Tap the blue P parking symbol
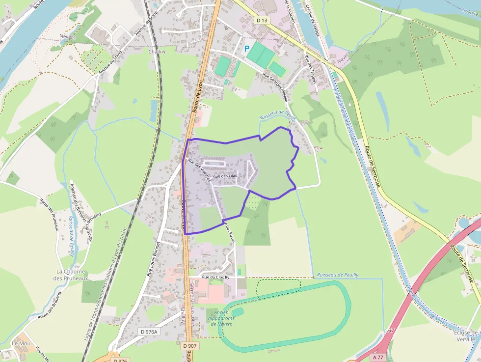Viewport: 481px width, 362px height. tap(247, 49)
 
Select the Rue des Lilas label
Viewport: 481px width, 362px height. tap(225, 176)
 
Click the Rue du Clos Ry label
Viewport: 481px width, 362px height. tap(216, 278)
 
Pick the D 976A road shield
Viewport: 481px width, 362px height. tap(149, 332)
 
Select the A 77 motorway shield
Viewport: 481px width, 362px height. tap(377, 357)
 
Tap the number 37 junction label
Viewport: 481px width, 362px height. tap(391, 331)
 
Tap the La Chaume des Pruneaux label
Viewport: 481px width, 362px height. tap(71, 275)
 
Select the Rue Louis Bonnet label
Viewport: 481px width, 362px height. tap(154, 259)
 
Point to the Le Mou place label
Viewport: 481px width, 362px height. tap(21, 343)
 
